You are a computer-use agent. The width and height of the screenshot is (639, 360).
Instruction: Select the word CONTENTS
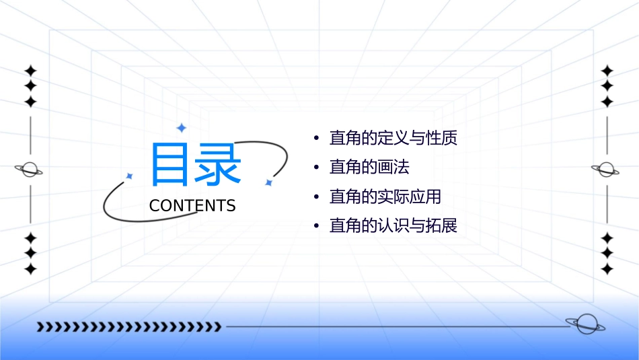click(x=192, y=206)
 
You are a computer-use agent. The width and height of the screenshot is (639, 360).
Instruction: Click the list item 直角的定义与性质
click(x=393, y=139)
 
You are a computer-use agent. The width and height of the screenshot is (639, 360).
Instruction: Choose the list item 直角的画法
click(x=369, y=167)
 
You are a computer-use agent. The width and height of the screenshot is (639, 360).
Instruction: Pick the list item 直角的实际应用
click(x=385, y=196)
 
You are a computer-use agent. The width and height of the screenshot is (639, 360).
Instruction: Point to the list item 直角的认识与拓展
click(x=393, y=225)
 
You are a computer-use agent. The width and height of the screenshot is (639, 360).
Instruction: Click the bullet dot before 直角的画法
click(x=315, y=168)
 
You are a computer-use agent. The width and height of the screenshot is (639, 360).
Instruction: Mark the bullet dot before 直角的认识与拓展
click(x=315, y=226)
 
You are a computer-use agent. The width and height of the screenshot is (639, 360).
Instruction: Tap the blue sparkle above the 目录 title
click(x=181, y=128)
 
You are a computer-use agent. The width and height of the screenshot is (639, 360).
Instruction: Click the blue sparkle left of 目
click(x=130, y=176)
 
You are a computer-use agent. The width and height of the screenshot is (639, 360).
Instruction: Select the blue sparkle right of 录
click(x=268, y=182)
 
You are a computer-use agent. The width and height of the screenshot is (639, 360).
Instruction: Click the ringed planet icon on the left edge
click(x=30, y=170)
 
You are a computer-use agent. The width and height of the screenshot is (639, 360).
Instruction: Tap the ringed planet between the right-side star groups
click(x=607, y=170)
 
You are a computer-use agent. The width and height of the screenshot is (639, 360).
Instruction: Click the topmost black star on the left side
click(x=30, y=71)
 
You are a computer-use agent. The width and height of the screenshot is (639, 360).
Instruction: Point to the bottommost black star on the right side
click(x=607, y=268)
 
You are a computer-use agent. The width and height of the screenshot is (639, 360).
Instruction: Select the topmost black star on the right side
click(x=607, y=71)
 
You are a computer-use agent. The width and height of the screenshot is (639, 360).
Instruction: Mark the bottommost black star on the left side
click(x=30, y=268)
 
